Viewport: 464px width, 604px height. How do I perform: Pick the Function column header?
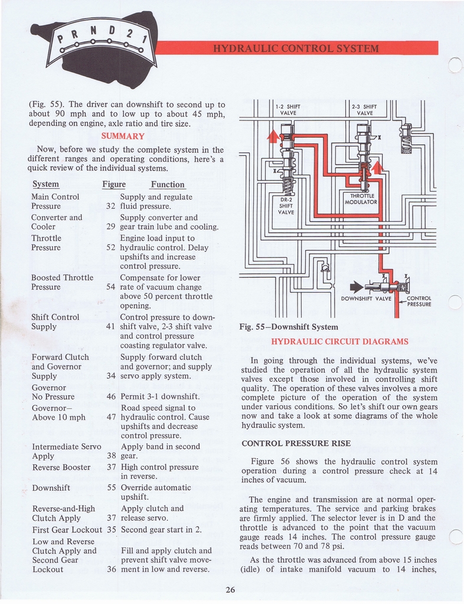tap(168, 184)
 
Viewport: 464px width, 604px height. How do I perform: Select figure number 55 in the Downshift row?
tap(111, 488)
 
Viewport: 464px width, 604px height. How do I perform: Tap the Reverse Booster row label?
tap(61, 467)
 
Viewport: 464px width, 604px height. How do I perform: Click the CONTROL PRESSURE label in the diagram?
tap(419, 301)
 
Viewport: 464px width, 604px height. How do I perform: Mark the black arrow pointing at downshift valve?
tap(357, 287)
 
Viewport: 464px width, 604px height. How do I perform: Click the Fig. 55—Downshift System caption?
tap(288, 327)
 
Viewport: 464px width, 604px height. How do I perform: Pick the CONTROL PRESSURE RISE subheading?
tap(296, 443)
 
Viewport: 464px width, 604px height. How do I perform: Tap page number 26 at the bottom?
tap(231, 589)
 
